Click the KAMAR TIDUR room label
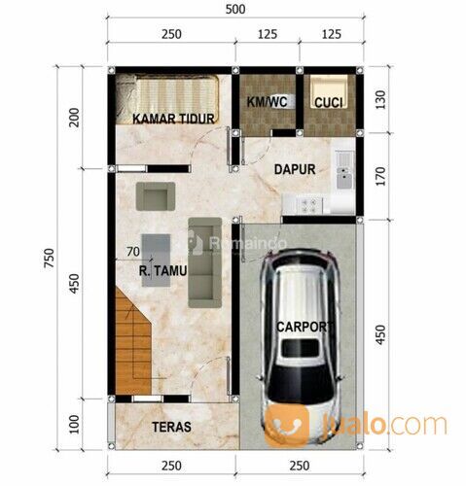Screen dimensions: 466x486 pos(173,119)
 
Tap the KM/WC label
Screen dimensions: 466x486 pos(267,102)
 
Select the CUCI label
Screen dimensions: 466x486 pos(329,103)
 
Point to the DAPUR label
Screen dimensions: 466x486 pos(295,169)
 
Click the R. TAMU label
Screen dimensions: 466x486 pos(162,270)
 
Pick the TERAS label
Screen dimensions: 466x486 pos(171,427)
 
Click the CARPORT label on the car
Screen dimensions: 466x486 pos(305,327)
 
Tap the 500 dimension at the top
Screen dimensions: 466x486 pos(235,9)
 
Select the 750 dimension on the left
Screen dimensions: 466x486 pos(49,258)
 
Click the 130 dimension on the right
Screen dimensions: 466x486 pos(381,99)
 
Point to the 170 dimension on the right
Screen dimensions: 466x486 pos(381,176)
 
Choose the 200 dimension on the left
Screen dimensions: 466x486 pos(74,118)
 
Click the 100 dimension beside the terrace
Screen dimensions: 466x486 pos(74,424)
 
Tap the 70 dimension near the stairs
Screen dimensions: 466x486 pos(133,252)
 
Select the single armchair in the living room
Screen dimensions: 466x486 pos(156,196)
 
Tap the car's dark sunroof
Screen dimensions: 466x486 pos(300,348)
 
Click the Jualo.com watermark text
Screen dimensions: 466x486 pos(385,424)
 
